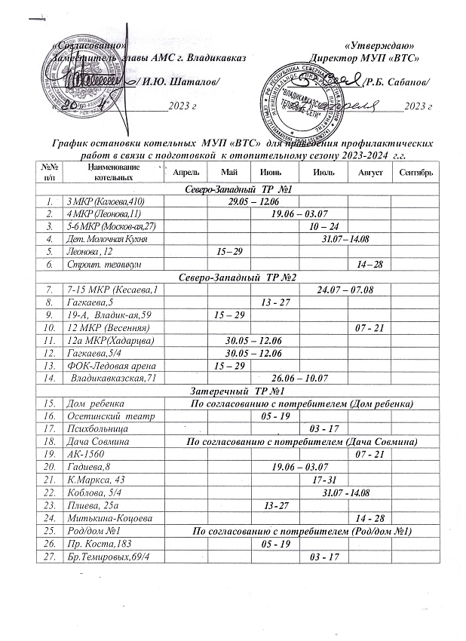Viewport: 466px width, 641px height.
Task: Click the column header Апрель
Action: click(185, 173)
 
